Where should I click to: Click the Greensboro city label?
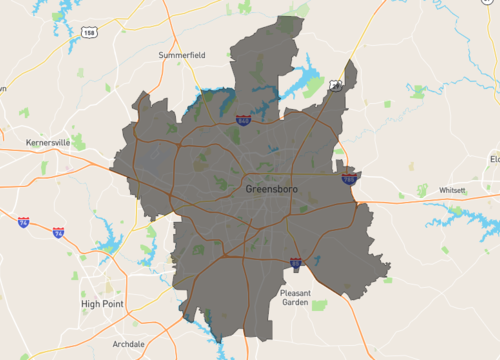point(270,188)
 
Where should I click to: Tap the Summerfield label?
point(180,55)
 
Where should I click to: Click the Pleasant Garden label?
point(295,299)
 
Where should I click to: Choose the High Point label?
point(100,303)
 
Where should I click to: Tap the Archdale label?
point(129,343)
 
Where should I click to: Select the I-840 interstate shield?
point(244,120)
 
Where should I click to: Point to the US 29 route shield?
point(337,87)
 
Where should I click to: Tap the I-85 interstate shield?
point(296,263)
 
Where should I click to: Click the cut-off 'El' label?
point(493,159)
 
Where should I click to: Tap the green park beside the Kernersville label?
point(77,142)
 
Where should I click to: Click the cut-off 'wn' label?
point(3,88)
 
